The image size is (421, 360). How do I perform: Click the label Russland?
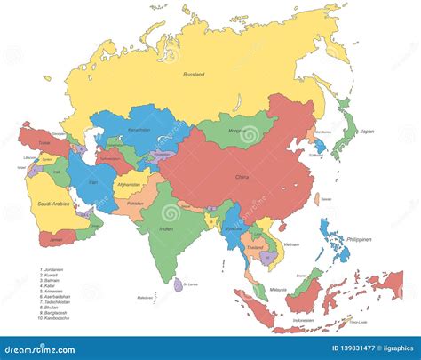click(x=195, y=76)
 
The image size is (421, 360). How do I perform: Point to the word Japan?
click(x=366, y=132)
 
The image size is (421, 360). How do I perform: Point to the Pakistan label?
click(x=134, y=204)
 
